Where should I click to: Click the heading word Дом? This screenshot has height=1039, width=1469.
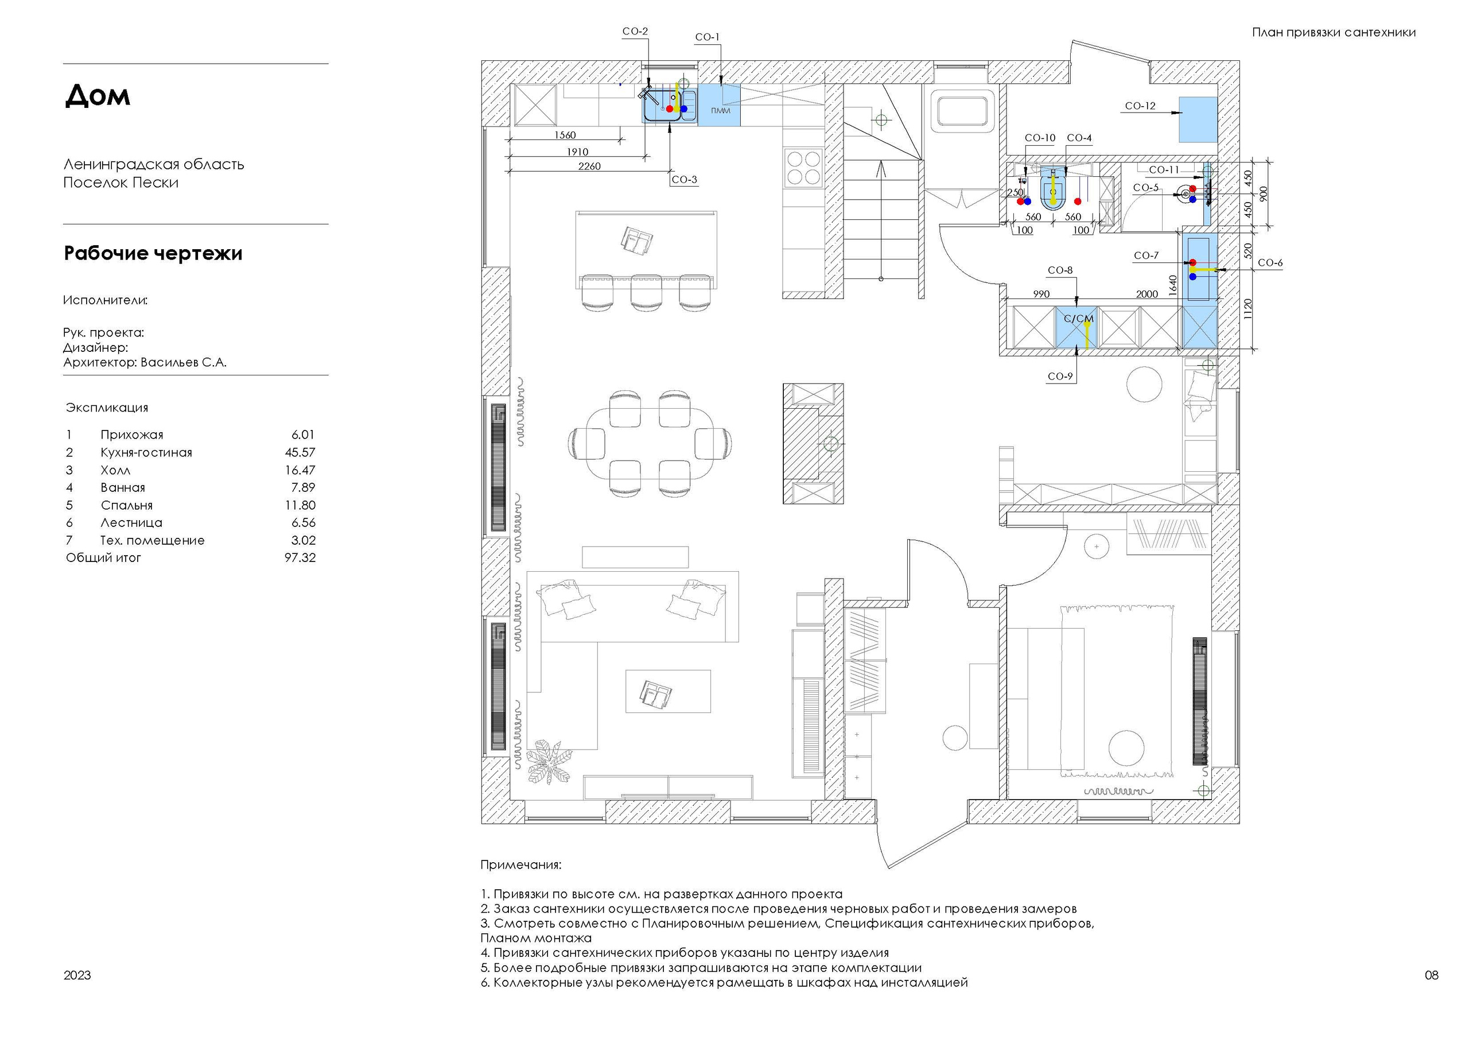(97, 95)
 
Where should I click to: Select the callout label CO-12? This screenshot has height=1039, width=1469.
(1140, 106)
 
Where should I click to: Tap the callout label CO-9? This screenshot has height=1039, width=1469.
(1060, 377)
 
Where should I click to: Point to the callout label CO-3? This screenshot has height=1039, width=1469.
(684, 179)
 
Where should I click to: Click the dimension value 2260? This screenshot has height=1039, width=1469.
(589, 166)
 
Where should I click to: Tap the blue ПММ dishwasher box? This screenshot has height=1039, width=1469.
(720, 106)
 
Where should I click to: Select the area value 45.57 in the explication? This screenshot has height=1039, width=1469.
(300, 452)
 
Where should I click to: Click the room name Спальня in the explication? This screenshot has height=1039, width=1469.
(127, 506)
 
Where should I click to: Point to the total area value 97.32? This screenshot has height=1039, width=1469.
(300, 557)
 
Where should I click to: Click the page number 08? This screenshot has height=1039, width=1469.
(1432, 975)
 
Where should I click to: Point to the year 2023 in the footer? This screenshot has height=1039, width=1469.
(77, 975)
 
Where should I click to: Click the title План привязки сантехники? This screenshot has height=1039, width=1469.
(1334, 32)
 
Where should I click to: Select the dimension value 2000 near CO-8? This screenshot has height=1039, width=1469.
(1147, 294)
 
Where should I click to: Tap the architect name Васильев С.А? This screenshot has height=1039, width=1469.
(184, 362)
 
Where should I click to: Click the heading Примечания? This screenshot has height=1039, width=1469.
(521, 865)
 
